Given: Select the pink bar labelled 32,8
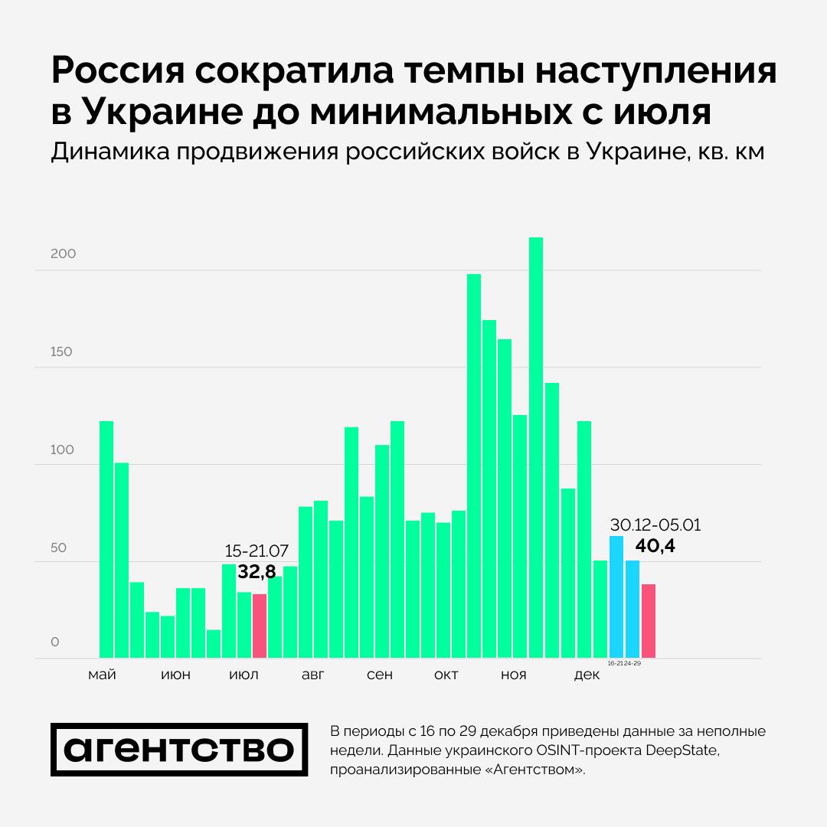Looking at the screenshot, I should pyautogui.click(x=260, y=626).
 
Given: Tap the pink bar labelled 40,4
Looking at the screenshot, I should pyautogui.click(x=649, y=621).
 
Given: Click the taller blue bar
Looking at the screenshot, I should pyautogui.click(x=616, y=597).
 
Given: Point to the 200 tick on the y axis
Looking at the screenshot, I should pyautogui.click(x=64, y=254).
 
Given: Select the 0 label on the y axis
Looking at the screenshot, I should pyautogui.click(x=55, y=642).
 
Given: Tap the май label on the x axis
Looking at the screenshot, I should pyautogui.click(x=103, y=675).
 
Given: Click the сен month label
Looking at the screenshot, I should pyautogui.click(x=380, y=675).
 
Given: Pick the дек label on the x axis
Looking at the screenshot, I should pyautogui.click(x=587, y=675).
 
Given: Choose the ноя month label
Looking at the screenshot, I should pyautogui.click(x=513, y=675).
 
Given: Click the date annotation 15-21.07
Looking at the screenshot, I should pyautogui.click(x=257, y=551).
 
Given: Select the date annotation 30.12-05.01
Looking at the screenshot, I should pyautogui.click(x=655, y=525).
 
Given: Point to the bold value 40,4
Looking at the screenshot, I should pyautogui.click(x=655, y=546).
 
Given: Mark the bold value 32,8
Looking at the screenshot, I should pyautogui.click(x=257, y=571).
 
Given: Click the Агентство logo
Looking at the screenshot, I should pyautogui.click(x=179, y=750).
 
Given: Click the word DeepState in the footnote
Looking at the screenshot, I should pyautogui.click(x=683, y=750).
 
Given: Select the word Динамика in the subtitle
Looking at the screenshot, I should pyautogui.click(x=110, y=152).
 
